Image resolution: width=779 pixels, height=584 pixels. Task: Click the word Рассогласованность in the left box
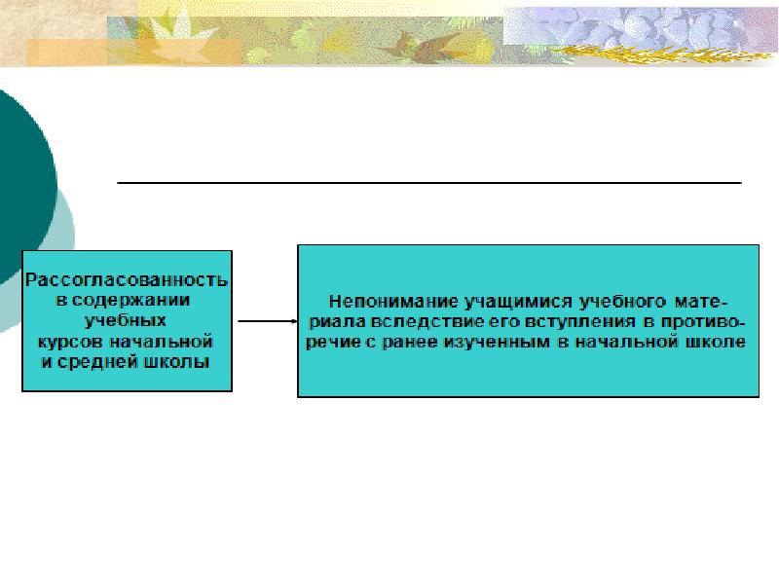coord(127,280)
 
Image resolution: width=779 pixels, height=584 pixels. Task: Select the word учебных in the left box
coord(128,321)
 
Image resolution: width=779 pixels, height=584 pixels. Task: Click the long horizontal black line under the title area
coord(428,182)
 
